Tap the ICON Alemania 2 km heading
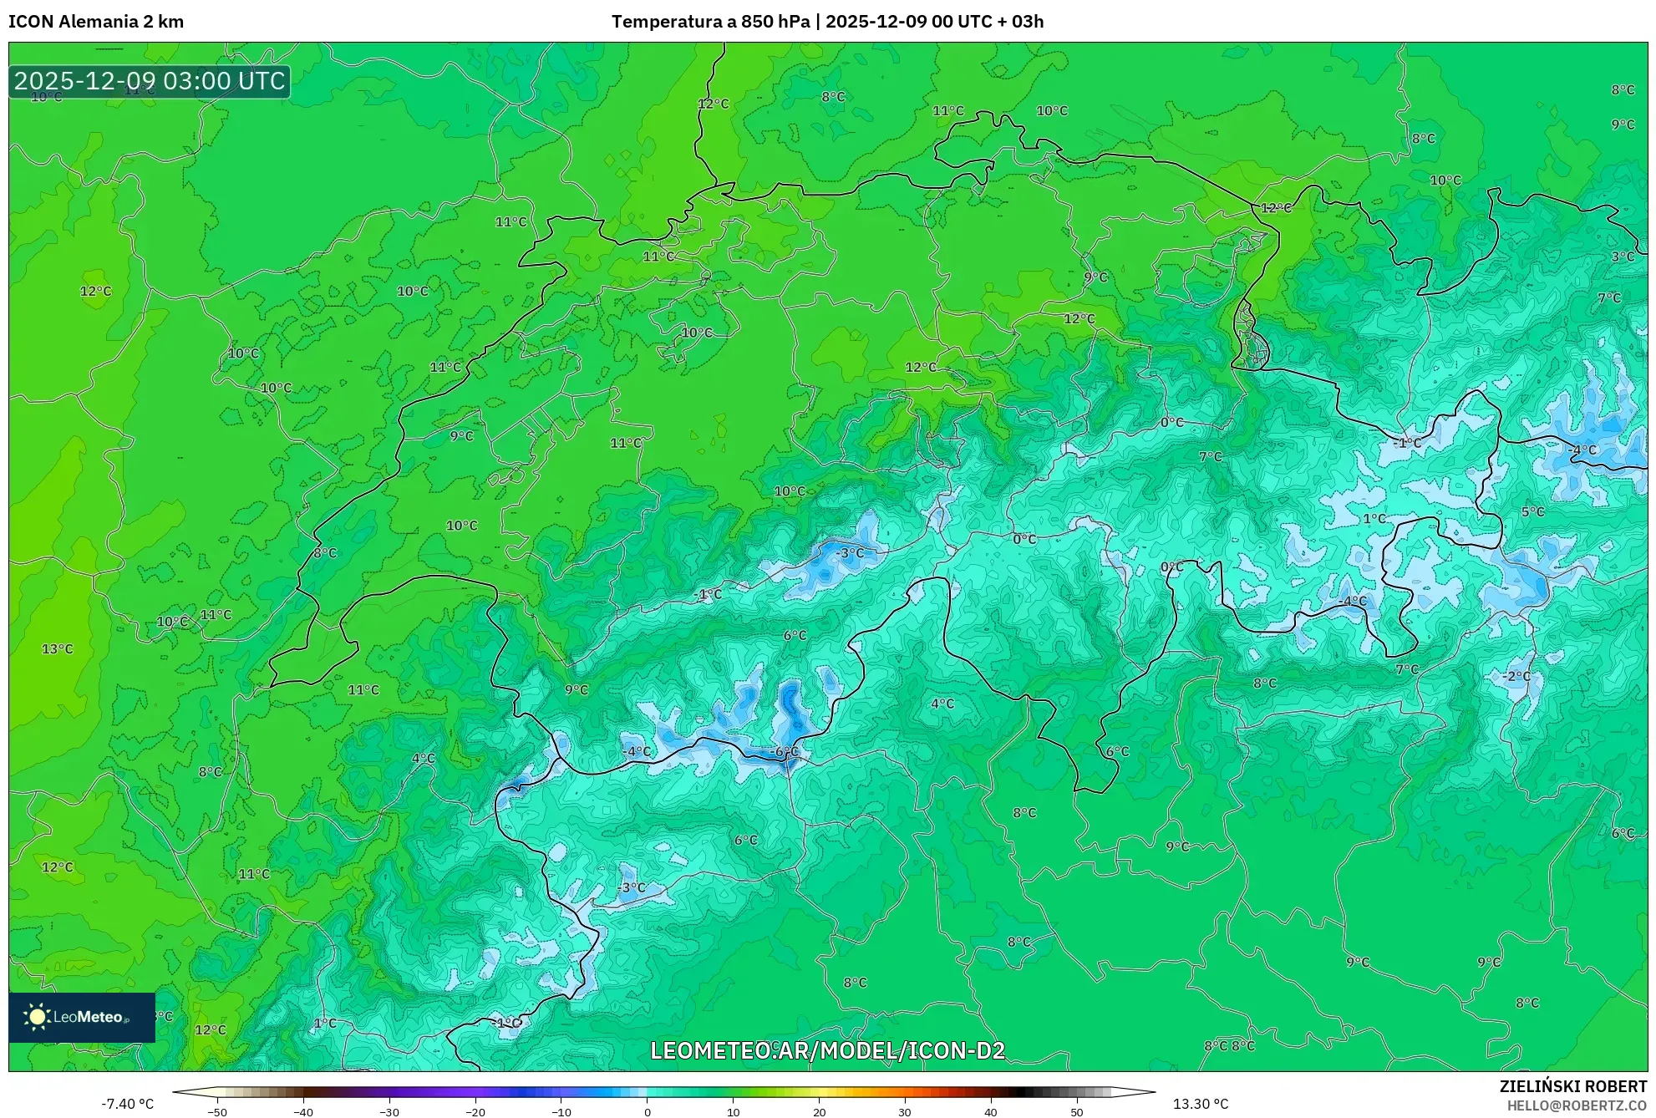96,22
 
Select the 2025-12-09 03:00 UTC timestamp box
150,81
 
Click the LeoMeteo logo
82,1017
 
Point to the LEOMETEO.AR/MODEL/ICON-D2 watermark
827,1050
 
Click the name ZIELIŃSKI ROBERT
1572,1086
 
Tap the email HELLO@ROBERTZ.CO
1576,1105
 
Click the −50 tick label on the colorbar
216,1112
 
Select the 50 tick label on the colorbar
1076,1112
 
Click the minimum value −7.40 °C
128,1104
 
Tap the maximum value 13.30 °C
1201,1104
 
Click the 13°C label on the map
58,649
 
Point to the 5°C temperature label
1532,511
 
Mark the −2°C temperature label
1516,676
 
